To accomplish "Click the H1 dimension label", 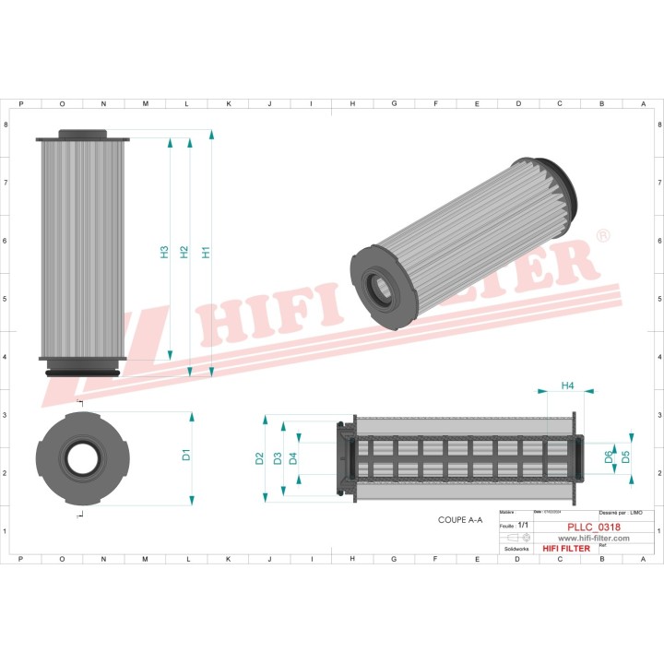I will click(x=206, y=251).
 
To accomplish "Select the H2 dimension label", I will click(x=184, y=251).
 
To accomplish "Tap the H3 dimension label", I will click(x=164, y=251).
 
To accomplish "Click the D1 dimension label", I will click(x=185, y=454).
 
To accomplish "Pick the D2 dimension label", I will click(x=260, y=458).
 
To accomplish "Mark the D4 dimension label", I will click(x=293, y=458).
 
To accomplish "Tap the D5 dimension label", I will click(x=626, y=456).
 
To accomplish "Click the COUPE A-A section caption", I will click(x=460, y=520).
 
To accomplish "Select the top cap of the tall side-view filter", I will click(x=82, y=135).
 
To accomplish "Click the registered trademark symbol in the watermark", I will click(x=602, y=237).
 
